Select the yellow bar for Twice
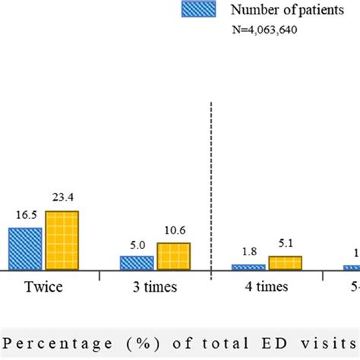tap(62, 240)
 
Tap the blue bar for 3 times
tap(136, 263)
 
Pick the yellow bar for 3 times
tap(173, 256)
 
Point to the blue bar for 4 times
tap(248, 267)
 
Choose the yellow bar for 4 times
tap(285, 263)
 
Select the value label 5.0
tap(136, 246)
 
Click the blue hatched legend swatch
tap(198, 9)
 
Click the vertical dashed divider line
tap(210, 190)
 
